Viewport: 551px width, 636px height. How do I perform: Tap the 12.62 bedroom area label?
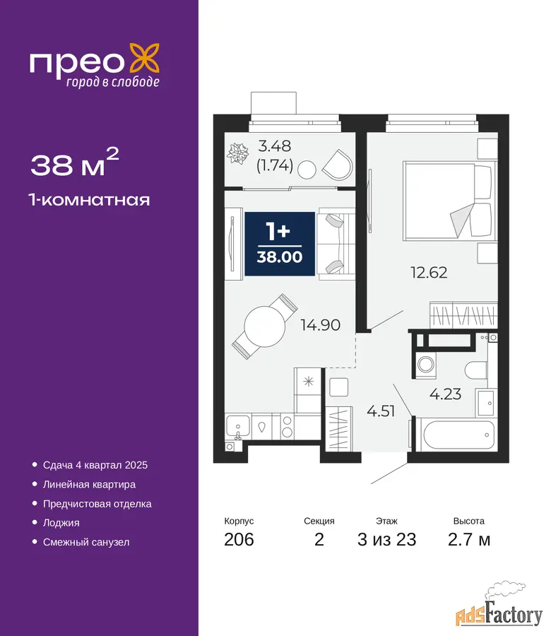429,273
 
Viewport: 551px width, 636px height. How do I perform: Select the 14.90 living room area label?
320,325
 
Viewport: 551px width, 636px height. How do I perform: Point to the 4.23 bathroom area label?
445,394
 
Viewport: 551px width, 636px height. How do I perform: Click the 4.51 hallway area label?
381,411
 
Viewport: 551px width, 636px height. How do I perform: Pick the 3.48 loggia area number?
275,146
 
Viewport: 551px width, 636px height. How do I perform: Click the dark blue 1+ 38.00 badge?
280,244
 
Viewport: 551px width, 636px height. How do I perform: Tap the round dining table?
265,326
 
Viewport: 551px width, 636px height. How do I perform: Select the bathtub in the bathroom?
458,435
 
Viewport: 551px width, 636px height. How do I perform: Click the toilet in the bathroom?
475,370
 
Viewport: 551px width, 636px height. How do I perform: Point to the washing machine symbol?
425,363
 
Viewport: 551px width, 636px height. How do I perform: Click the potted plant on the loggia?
237,154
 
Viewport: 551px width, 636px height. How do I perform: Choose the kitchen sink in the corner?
237,426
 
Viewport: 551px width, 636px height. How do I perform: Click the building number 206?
239,540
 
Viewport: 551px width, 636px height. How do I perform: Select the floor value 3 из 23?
387,540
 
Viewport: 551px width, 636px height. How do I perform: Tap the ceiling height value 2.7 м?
469,540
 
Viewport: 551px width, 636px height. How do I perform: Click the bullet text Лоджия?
61,523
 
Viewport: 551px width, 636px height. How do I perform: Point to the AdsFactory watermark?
499,610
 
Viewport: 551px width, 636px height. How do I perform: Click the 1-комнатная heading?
89,200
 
